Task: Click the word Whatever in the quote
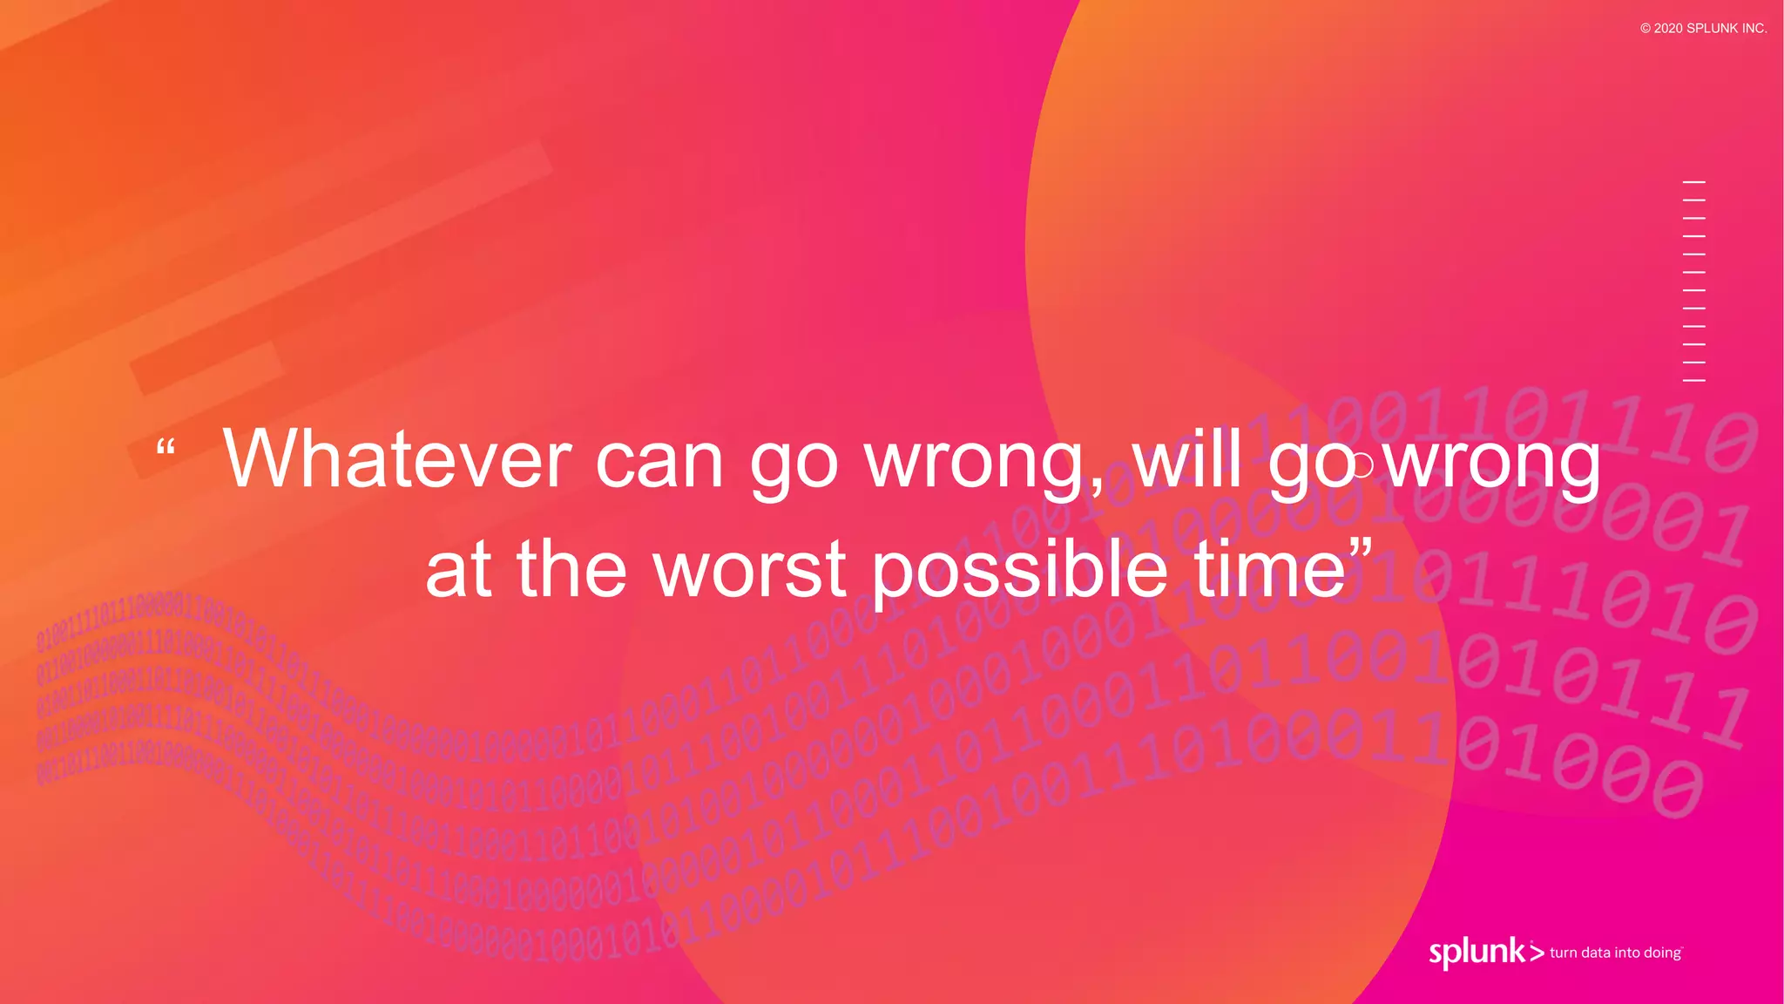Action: [x=397, y=459]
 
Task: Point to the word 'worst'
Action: [x=750, y=569]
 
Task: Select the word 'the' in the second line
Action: [x=571, y=569]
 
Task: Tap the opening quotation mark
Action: [x=166, y=447]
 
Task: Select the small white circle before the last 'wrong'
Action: [x=1362, y=465]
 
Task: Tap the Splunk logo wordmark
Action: [x=1477, y=952]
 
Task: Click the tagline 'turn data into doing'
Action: [x=1616, y=953]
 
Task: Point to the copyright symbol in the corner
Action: [x=1645, y=29]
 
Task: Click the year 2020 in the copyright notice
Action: [x=1668, y=29]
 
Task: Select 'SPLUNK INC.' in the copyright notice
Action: [x=1727, y=29]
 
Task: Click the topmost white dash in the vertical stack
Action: [x=1693, y=182]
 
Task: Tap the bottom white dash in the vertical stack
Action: [x=1693, y=381]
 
